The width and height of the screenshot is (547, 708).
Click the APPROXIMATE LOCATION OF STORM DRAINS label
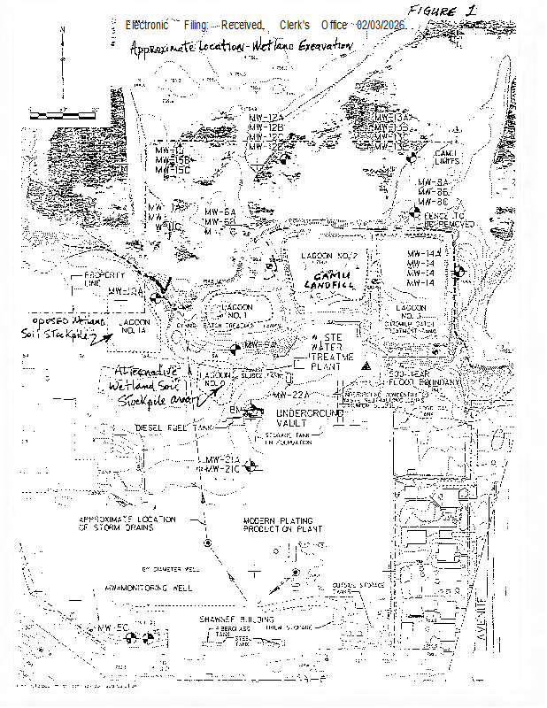tap(127, 523)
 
